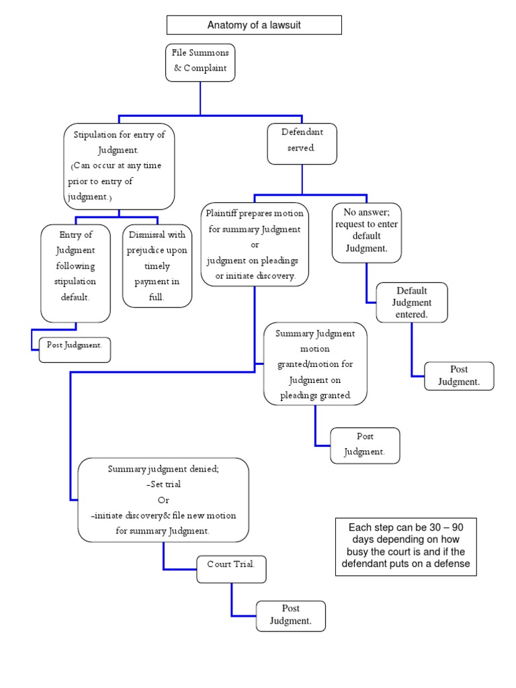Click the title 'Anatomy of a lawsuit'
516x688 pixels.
coord(254,26)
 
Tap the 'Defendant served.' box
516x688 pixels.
coord(302,143)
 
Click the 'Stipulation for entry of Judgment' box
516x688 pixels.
coord(120,166)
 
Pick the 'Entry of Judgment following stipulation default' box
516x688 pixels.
coord(75,273)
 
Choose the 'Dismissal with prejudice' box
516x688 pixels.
coord(157,266)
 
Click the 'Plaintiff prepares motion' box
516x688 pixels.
coord(255,245)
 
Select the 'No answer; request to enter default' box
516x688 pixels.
coord(367,232)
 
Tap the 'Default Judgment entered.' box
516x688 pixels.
coord(411,302)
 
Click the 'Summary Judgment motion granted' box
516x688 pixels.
coord(315,363)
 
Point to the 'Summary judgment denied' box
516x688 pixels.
coord(163,500)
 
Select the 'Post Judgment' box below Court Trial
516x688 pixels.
coord(291,615)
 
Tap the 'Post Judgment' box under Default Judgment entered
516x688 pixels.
coord(459,376)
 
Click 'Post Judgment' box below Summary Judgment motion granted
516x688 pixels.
coord(365,445)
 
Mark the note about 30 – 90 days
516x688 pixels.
coord(406,546)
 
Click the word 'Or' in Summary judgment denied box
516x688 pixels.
coord(163,500)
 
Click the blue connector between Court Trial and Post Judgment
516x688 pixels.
coord(232,599)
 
